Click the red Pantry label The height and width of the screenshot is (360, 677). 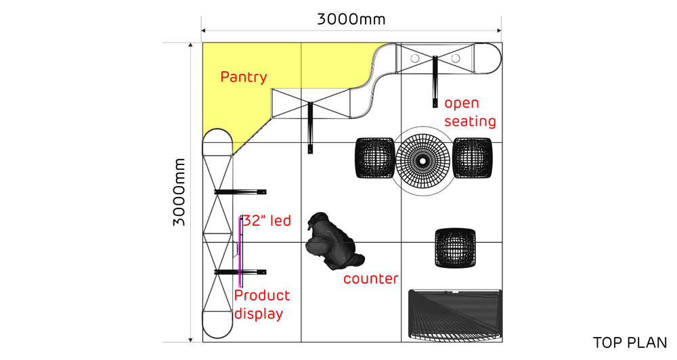click(244, 77)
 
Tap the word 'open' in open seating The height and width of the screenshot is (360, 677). click(462, 104)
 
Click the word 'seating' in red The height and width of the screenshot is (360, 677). click(471, 121)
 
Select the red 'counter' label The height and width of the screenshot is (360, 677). click(371, 279)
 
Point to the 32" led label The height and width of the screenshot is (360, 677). click(267, 221)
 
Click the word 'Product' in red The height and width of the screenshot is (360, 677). click(262, 296)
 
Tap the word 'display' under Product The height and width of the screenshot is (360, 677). click(259, 314)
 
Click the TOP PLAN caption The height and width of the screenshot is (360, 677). click(630, 342)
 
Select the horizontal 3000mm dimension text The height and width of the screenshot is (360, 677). click(351, 20)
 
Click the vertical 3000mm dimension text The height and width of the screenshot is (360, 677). click(179, 192)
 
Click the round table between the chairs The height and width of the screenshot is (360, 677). click(423, 161)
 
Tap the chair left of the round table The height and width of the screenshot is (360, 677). click(375, 158)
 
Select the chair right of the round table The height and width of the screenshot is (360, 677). click(473, 158)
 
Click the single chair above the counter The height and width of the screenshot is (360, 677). click(456, 248)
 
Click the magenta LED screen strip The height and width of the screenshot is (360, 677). click(240, 252)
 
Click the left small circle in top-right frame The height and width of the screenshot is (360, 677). click(415, 58)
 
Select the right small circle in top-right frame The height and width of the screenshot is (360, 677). click(456, 58)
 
